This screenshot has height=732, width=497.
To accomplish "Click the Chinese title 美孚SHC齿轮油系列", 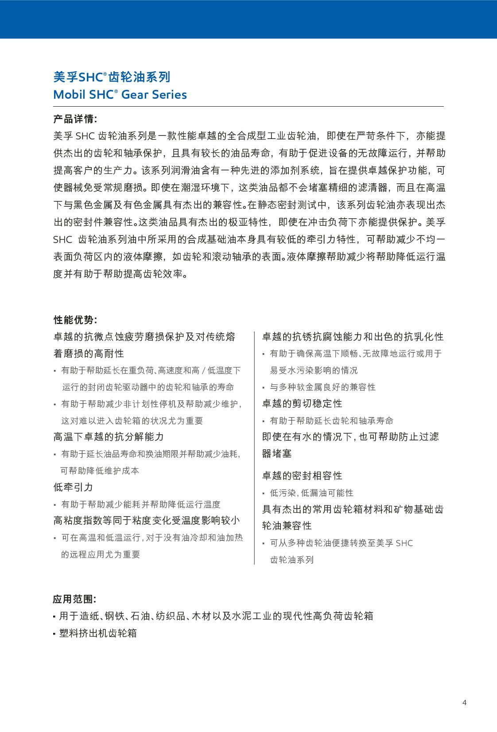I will (112, 77).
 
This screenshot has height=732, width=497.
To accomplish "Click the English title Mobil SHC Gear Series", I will (120, 94).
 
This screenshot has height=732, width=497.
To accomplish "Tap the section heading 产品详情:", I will (75, 119).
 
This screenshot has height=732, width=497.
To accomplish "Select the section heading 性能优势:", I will (75, 320).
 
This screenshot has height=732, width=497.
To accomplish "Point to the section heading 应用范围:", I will (74, 599).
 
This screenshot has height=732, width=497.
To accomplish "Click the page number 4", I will (464, 702).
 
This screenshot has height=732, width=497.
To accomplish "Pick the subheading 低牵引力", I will (74, 487).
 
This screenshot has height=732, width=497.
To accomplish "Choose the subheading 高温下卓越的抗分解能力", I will (109, 437).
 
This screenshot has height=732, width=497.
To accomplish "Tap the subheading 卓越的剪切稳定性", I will (302, 404).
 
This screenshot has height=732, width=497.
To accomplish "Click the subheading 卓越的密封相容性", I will (302, 476).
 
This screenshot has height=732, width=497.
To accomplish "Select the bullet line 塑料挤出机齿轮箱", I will (98, 633).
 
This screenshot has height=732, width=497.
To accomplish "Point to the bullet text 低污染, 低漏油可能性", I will (312, 493).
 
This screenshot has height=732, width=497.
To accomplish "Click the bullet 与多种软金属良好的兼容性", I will (322, 387).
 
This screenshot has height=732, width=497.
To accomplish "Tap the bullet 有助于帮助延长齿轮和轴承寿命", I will (331, 421).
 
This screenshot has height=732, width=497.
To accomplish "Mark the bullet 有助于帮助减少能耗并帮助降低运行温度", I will (140, 505).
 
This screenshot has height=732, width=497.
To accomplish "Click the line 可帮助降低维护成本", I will (100, 471).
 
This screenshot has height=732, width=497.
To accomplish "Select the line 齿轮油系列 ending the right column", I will (292, 560).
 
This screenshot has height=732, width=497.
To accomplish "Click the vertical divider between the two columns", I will (254, 447).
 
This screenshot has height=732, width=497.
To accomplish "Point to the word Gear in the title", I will (135, 94).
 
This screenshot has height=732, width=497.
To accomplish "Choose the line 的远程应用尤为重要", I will (101, 555).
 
